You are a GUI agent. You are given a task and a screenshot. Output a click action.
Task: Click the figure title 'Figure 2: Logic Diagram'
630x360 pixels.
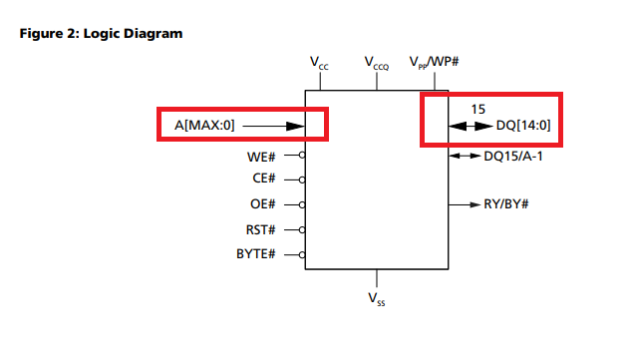[x=102, y=34]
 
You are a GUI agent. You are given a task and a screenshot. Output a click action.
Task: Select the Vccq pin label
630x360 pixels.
[x=377, y=65]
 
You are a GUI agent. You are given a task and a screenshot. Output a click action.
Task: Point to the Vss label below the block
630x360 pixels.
[x=377, y=297]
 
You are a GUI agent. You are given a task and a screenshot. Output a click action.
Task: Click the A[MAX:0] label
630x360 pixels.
[x=204, y=127]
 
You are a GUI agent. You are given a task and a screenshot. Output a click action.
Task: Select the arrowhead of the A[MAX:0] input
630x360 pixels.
[x=294, y=127]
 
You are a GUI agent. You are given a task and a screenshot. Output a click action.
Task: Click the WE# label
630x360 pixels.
[x=261, y=157]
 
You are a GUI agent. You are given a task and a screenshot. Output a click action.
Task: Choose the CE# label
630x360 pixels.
[x=264, y=180]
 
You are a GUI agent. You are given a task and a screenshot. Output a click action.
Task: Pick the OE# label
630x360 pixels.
[x=264, y=204]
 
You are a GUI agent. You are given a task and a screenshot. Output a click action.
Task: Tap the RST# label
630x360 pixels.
[x=261, y=229]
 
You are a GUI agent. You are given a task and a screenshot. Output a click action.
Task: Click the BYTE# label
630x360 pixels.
[x=256, y=253]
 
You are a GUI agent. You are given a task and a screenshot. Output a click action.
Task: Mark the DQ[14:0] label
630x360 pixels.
[x=523, y=127]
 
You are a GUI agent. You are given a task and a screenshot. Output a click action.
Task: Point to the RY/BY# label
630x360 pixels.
[x=505, y=204]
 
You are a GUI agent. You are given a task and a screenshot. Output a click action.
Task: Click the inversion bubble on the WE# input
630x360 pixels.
[x=302, y=157]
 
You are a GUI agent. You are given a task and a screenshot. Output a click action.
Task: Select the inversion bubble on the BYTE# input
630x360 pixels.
[x=302, y=253]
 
